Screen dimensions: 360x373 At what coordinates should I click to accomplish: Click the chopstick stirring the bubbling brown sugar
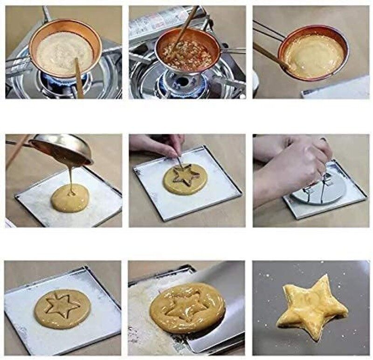(x=186, y=28)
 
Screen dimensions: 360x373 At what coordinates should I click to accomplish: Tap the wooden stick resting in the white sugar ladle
(x=79, y=77)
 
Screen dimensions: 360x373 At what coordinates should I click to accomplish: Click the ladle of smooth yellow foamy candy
(x=313, y=54)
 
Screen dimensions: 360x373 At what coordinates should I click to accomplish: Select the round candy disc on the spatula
(x=186, y=307)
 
